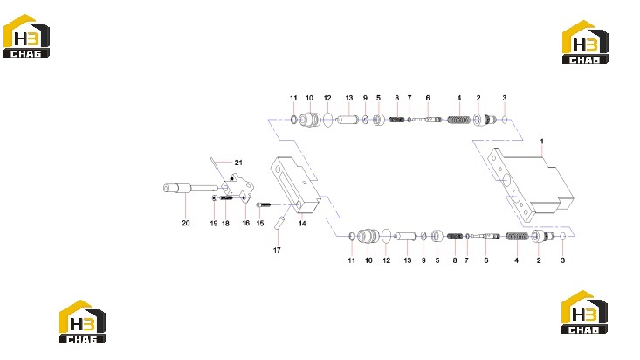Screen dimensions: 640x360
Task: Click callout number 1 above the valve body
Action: (542, 142)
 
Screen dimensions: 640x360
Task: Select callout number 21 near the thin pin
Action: (238, 163)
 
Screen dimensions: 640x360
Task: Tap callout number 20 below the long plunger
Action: (186, 223)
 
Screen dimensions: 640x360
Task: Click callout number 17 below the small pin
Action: (277, 250)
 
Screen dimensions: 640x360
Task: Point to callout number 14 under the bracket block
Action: (302, 224)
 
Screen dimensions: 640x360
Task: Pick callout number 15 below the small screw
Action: (260, 224)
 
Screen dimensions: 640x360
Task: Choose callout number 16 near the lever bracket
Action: (245, 223)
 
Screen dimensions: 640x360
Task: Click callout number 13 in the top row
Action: (349, 98)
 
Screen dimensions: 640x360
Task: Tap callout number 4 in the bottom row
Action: (516, 260)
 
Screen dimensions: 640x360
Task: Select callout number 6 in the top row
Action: (428, 98)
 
